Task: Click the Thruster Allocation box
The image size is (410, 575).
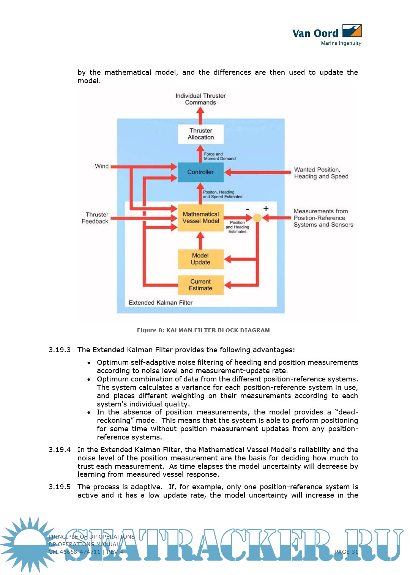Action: pyautogui.click(x=201, y=134)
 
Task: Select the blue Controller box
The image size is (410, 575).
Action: pyautogui.click(x=200, y=172)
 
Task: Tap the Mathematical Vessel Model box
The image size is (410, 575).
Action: pyautogui.click(x=200, y=217)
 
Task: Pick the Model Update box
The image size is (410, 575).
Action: pyautogui.click(x=200, y=259)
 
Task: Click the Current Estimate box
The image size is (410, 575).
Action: pyautogui.click(x=200, y=285)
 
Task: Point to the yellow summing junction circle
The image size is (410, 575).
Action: pyautogui.click(x=257, y=218)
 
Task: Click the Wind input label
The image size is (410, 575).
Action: pyautogui.click(x=102, y=166)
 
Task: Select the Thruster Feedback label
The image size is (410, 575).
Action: pyautogui.click(x=95, y=218)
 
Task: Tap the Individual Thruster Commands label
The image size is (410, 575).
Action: pyautogui.click(x=200, y=99)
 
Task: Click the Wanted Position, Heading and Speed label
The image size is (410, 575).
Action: pyautogui.click(x=321, y=173)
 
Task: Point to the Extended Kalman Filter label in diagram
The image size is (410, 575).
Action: pyautogui.click(x=161, y=302)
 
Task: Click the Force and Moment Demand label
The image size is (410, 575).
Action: pyautogui.click(x=219, y=156)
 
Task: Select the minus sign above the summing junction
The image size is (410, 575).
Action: pyautogui.click(x=248, y=209)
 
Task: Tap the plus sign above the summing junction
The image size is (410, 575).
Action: pyautogui.click(x=266, y=208)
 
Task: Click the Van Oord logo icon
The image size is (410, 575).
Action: pyautogui.click(x=352, y=30)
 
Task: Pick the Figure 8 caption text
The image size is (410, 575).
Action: pyautogui.click(x=203, y=330)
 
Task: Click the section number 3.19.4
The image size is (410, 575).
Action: pyautogui.click(x=60, y=450)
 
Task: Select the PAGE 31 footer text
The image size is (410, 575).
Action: pyautogui.click(x=346, y=552)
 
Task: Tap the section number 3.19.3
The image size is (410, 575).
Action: pyautogui.click(x=60, y=350)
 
